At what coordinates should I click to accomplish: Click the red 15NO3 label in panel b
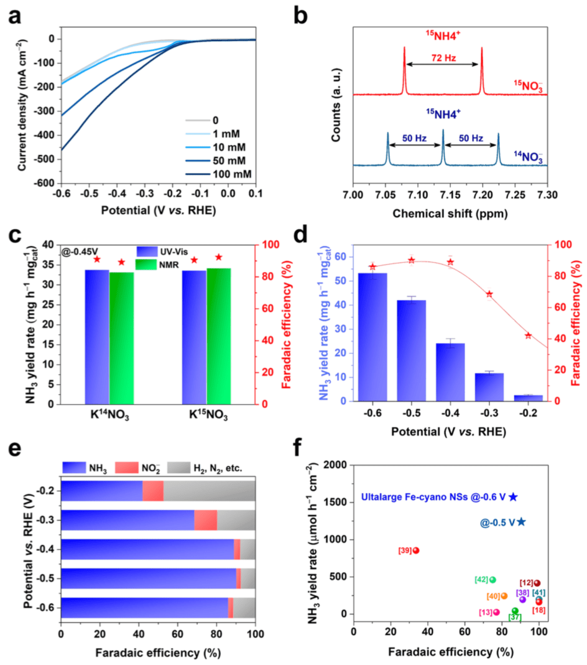(528, 85)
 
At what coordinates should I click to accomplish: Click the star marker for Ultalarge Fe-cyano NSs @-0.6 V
(513, 497)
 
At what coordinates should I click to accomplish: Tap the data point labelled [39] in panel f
(416, 550)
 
